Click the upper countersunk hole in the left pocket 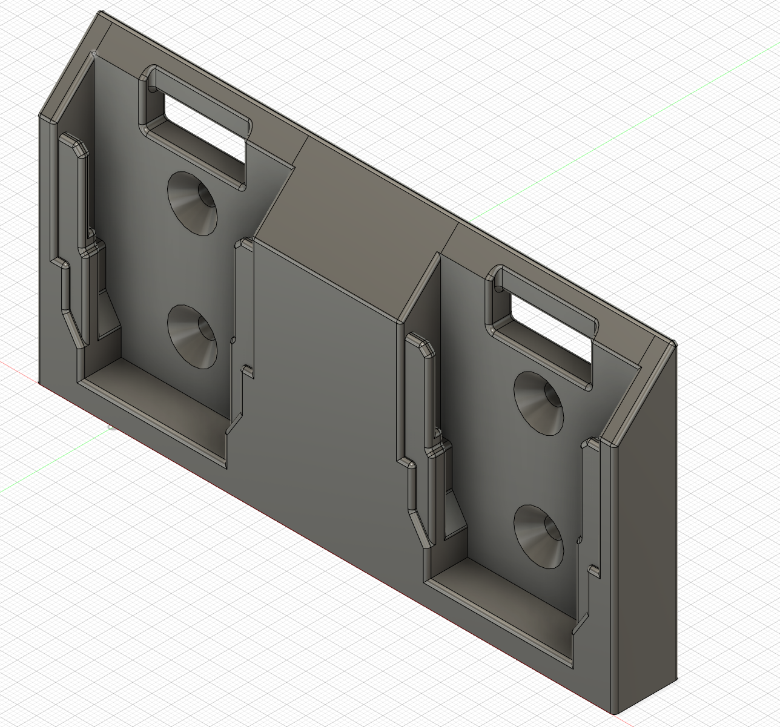[x=193, y=202]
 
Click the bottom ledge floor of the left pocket [x=157, y=412]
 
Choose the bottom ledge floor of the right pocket [x=503, y=611]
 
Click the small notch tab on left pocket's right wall [x=246, y=369]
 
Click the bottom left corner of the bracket [x=41, y=383]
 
